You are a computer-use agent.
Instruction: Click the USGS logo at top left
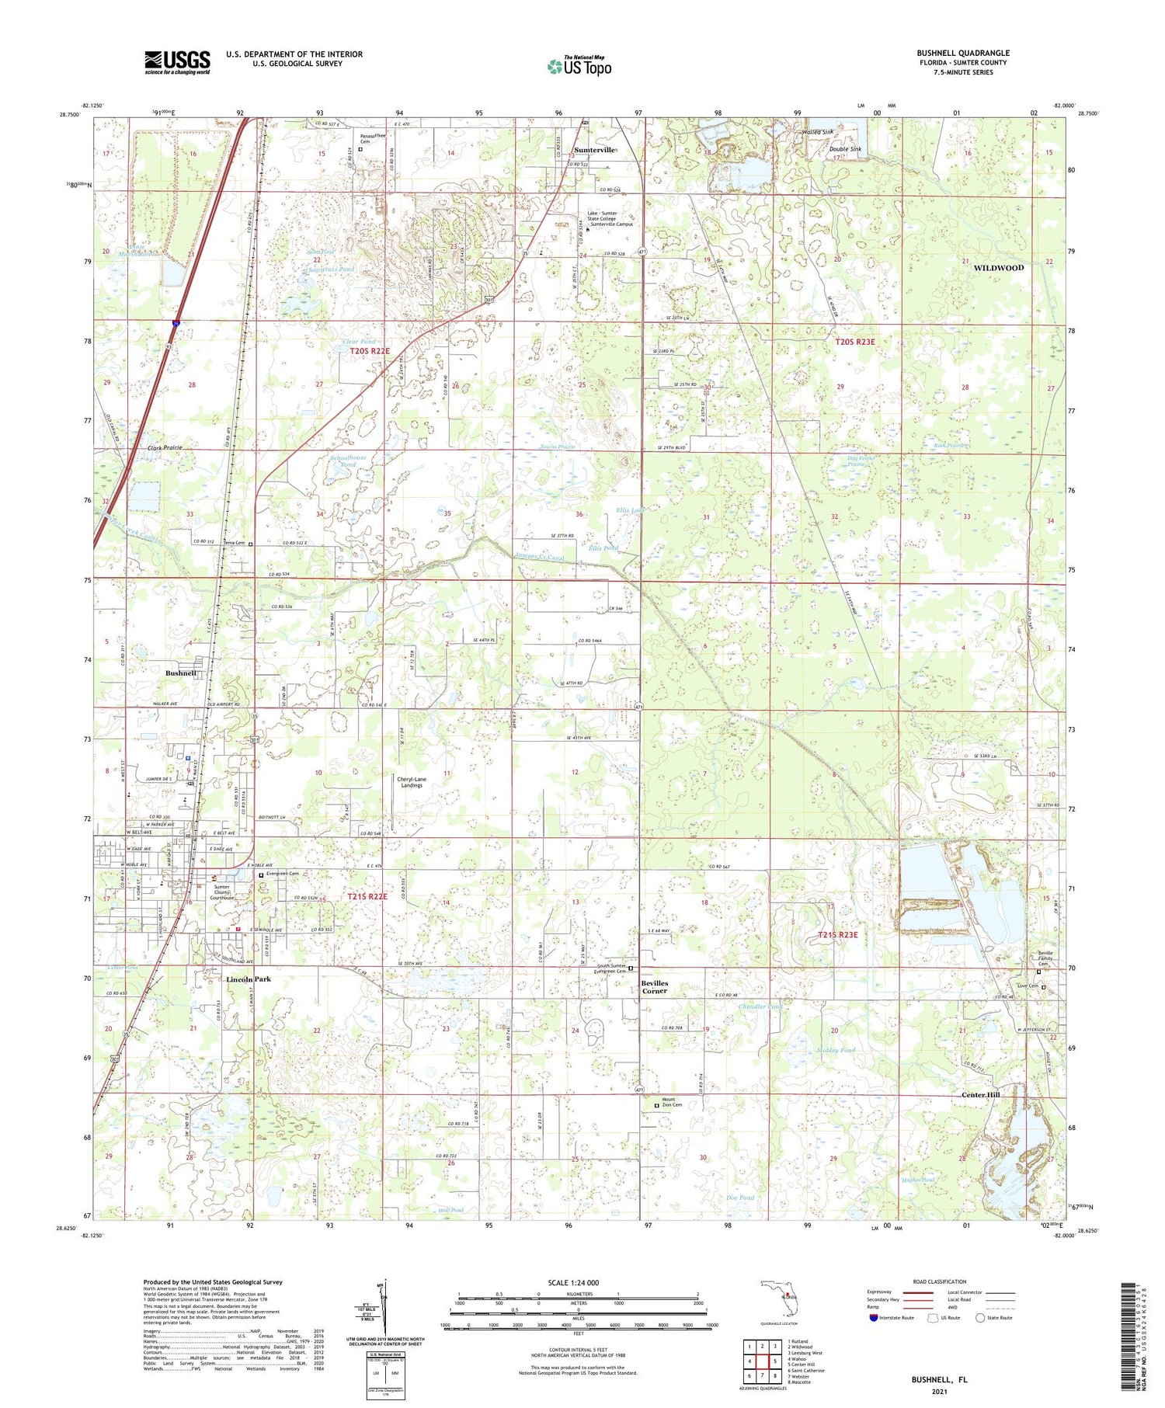pyautogui.click(x=177, y=62)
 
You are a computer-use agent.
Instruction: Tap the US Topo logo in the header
pyautogui.click(x=579, y=66)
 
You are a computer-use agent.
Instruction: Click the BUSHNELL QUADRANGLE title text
pyautogui.click(x=962, y=53)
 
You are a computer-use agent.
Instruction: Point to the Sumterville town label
pyautogui.click(x=594, y=150)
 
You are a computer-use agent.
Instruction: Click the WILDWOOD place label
pyautogui.click(x=998, y=268)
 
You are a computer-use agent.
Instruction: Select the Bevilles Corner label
pyautogui.click(x=654, y=987)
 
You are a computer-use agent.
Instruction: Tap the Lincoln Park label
pyautogui.click(x=249, y=979)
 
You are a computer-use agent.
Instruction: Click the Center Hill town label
pyautogui.click(x=981, y=1094)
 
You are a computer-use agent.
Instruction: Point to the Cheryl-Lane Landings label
pyautogui.click(x=412, y=782)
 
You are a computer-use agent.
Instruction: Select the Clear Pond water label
pyautogui.click(x=359, y=342)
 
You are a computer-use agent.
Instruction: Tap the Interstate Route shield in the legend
pyautogui.click(x=875, y=1317)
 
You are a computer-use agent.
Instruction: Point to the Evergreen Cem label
pyautogui.click(x=282, y=874)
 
